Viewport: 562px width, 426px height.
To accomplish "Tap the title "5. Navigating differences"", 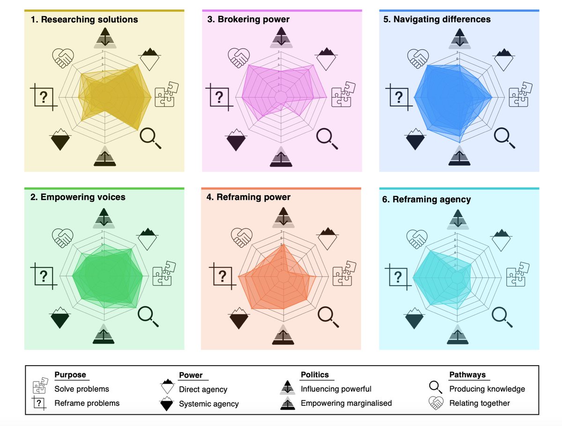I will (x=436, y=20).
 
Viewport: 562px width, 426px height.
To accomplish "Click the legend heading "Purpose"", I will (x=70, y=375).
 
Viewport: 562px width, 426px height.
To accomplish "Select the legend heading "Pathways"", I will (x=467, y=375).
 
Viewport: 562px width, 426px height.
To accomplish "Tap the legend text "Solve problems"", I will (x=81, y=389).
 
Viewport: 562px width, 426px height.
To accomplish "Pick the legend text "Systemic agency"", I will (x=209, y=404).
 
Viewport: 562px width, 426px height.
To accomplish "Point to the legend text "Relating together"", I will (x=480, y=403).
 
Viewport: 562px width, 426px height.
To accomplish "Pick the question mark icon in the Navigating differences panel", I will (x=398, y=97).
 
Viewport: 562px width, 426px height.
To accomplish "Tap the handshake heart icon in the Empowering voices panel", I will (x=62, y=236).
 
